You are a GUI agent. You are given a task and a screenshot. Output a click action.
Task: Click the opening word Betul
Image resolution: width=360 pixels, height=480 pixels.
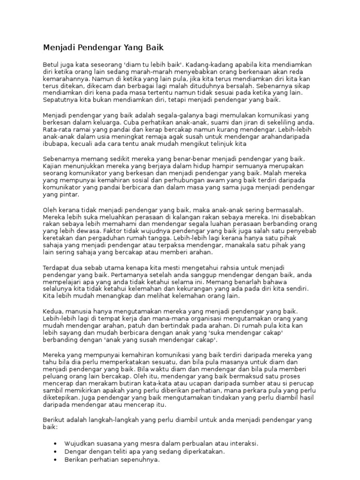(x=51, y=64)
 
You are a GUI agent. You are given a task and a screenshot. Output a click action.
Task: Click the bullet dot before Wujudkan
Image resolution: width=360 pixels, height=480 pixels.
(x=56, y=443)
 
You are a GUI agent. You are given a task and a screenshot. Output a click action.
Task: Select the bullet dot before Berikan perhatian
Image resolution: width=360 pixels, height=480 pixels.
(x=56, y=460)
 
